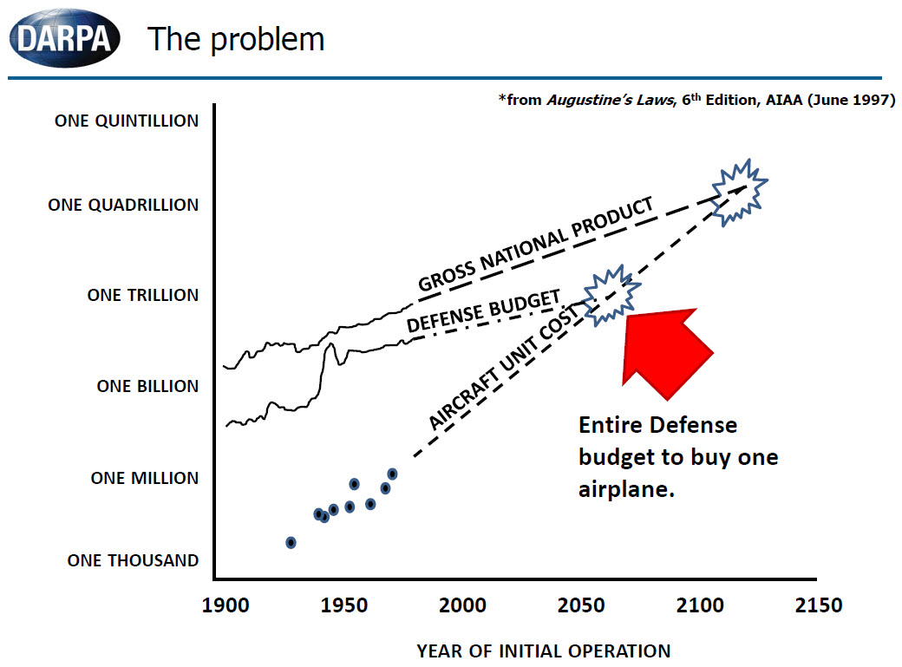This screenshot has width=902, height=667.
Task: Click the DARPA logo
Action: click(64, 38)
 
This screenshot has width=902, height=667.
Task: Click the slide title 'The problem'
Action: click(235, 39)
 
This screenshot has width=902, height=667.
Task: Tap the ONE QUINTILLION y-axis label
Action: click(127, 121)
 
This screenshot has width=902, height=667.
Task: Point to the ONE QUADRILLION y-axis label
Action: click(123, 206)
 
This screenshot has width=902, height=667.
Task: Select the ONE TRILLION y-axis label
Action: click(143, 296)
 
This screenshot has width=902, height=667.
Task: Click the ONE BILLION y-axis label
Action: click(147, 387)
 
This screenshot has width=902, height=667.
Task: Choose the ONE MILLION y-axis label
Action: click(145, 478)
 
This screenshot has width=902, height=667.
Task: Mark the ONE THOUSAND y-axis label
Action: click(133, 561)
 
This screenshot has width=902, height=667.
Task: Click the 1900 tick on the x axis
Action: click(232, 605)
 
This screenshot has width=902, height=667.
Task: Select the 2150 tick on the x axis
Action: click(817, 605)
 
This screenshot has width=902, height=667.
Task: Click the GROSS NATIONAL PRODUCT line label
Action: click(535, 245)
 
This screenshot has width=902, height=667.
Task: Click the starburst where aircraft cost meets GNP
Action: click(738, 191)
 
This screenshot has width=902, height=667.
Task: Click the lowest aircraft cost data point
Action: click(291, 543)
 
